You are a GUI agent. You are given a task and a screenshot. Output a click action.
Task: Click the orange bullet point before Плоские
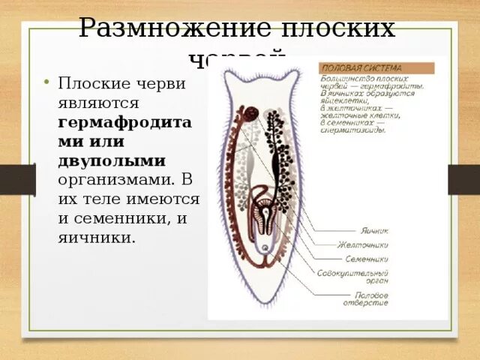(46, 82)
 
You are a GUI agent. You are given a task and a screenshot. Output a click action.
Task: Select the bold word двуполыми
(112, 161)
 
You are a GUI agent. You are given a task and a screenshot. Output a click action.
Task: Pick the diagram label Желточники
(363, 244)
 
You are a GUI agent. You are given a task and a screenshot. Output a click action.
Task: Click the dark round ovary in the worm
(248, 115)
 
